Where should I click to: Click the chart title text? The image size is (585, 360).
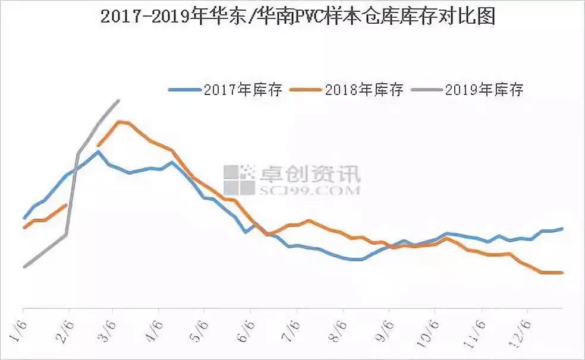(298, 17)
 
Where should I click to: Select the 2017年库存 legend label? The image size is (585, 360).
(243, 90)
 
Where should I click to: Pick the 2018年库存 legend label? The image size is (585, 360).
(364, 90)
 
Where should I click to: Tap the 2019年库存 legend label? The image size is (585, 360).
(484, 90)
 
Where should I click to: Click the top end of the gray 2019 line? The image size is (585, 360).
(119, 100)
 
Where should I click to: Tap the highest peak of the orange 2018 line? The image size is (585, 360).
(121, 122)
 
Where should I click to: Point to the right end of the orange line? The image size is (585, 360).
(562, 273)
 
